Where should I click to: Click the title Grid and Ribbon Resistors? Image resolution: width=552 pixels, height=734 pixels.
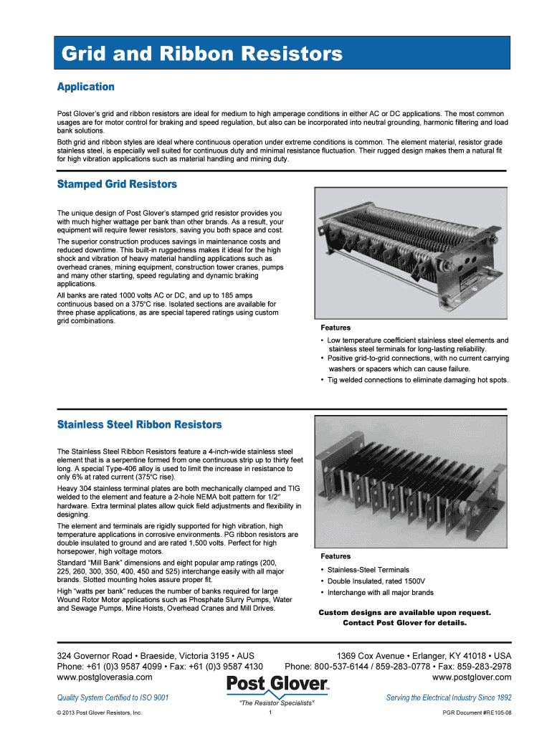201,54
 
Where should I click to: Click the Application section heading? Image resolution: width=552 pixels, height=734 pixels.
85,87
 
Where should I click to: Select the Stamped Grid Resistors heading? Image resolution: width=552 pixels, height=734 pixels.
116,184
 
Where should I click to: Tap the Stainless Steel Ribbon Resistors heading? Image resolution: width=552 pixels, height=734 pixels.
139,425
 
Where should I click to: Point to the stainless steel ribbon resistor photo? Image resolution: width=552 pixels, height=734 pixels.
411,483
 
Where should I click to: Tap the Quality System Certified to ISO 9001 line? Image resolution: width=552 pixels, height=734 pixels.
113,697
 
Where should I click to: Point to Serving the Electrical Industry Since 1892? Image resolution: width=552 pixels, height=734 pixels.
448,697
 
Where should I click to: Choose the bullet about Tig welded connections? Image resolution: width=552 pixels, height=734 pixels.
418,380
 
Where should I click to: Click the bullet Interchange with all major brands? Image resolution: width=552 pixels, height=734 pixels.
380,593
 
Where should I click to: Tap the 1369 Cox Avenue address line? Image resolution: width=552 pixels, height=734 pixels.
424,656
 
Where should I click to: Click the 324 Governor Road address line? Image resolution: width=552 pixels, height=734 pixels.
156,656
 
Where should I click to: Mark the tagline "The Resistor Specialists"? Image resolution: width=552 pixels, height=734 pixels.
277,703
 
